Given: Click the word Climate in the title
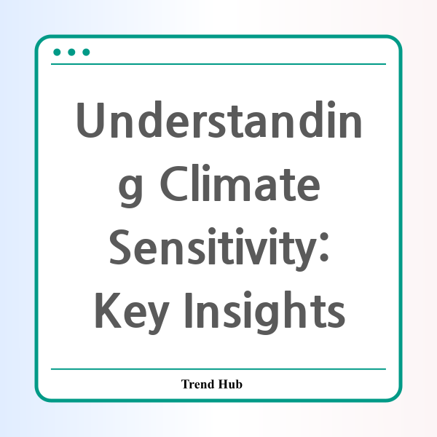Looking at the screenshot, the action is pos(240,183).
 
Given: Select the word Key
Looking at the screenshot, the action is pos(132,312).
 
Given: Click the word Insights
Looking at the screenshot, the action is pos(265,312).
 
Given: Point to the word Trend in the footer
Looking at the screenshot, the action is pos(198,384).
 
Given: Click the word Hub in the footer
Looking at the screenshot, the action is pos(230,384).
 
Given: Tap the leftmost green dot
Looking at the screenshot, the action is pos(57,52).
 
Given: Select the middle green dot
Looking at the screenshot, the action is pos(71,52).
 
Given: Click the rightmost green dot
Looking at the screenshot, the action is pos(86,52).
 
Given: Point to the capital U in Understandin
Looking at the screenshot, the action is pos(90,120).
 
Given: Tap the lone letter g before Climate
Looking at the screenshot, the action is pos(130,188).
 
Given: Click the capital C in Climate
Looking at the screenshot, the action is pos(174,183).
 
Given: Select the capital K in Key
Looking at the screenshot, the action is pos(108,310).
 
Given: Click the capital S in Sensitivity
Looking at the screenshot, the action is pos(120,247).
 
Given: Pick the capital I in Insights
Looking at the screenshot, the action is pos(189,310).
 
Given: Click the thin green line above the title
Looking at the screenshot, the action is pos(219,64).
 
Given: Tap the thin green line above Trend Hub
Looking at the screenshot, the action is pos(219,369).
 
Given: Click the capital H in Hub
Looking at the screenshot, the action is pos(223,384).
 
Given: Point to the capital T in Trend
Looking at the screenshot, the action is pos(186,384).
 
